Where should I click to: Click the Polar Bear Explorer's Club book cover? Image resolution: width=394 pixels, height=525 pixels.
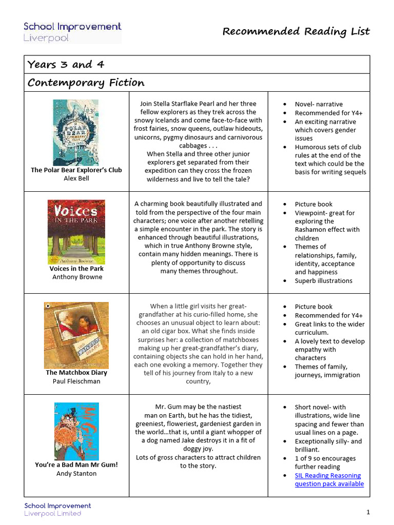point(76,132)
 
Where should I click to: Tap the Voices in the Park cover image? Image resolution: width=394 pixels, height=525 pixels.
point(76,232)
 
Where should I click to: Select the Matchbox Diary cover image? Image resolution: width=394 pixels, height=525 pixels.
point(76,335)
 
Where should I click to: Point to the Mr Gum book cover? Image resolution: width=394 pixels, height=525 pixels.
point(76,431)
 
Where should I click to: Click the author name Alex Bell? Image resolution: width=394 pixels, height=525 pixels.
point(76,178)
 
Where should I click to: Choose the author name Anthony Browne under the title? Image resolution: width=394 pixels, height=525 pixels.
point(77,277)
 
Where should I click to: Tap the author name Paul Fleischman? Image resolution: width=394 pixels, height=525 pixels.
point(76,381)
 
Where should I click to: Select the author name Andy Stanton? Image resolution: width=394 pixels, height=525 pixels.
point(76,473)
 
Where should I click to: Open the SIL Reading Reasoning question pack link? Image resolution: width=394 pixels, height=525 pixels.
point(329,480)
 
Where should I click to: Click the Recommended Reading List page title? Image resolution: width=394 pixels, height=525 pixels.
point(296,32)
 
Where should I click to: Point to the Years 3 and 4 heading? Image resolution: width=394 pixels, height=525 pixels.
point(60,65)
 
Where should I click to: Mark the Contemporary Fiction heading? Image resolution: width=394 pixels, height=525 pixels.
point(86,83)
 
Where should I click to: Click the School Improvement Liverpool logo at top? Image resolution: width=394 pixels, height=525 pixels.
point(72,32)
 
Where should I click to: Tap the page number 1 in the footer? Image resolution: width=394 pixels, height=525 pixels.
point(368,512)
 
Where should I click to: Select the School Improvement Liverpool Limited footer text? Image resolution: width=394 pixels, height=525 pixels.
point(57,510)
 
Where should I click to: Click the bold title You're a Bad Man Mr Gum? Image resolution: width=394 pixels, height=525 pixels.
point(76,465)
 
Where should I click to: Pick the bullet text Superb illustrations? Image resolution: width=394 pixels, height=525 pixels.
point(323,281)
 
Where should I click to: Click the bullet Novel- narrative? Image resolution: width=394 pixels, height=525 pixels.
point(319,104)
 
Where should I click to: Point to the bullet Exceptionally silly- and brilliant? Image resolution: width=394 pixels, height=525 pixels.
point(328,446)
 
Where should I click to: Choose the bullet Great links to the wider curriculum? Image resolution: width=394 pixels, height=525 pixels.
point(329,328)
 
